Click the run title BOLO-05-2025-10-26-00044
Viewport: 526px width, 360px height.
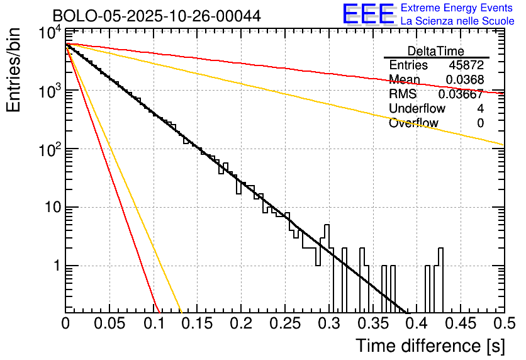point(148,16)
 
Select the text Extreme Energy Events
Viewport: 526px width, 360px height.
point(457,8)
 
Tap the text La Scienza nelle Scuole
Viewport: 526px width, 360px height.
point(457,21)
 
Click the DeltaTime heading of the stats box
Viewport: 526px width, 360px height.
point(436,51)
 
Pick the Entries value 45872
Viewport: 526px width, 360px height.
point(466,65)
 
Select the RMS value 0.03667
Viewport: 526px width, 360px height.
point(462,94)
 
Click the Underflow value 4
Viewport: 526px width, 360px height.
point(480,109)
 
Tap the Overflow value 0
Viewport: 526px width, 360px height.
point(480,123)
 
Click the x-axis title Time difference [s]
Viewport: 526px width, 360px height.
point(429,346)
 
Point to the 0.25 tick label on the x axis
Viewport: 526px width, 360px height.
point(284,324)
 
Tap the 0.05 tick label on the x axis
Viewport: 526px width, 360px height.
point(109,324)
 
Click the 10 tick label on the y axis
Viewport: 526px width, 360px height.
point(50,208)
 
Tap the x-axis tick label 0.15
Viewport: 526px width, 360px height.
point(197,324)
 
